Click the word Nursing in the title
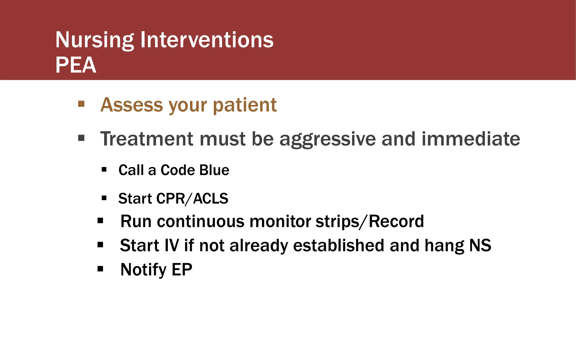click(x=94, y=40)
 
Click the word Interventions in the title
click(x=207, y=40)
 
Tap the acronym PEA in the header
click(x=76, y=65)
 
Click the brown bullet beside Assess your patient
click(x=81, y=104)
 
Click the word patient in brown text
click(x=245, y=105)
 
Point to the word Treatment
click(x=147, y=139)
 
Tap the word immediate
click(x=471, y=139)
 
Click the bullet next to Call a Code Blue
click(x=104, y=170)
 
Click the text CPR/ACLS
click(x=192, y=199)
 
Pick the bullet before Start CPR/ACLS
click(x=104, y=198)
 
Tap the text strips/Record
click(x=370, y=222)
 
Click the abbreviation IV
click(x=172, y=246)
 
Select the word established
click(x=339, y=246)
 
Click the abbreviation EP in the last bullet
click(x=182, y=269)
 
